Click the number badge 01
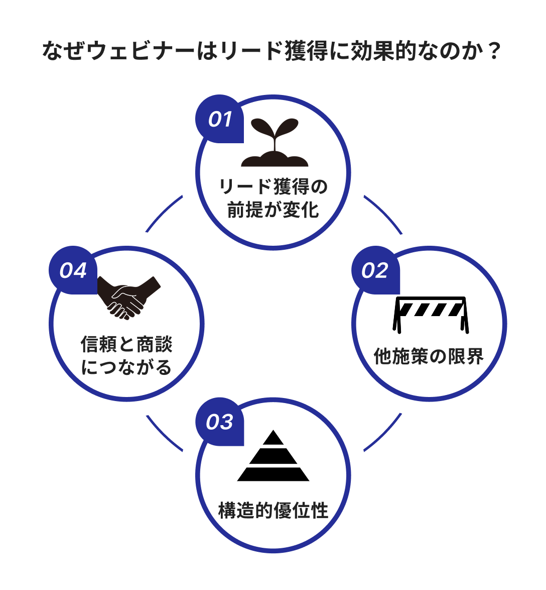(220, 120)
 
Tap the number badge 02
(375, 271)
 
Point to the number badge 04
(73, 271)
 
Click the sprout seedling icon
(274, 143)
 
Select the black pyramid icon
(274, 457)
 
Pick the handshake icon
(128, 297)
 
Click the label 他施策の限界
(429, 356)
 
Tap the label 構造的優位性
(274, 511)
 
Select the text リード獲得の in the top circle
(274, 187)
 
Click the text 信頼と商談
(127, 345)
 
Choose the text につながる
(127, 368)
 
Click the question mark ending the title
(494, 51)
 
